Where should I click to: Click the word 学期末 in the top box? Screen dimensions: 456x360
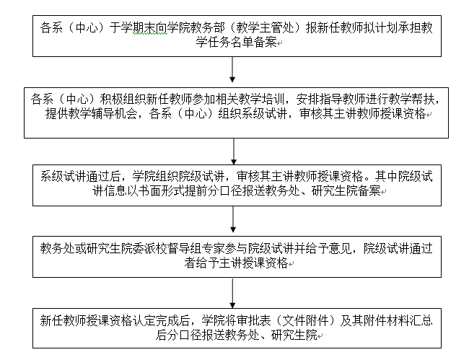[x=138, y=28]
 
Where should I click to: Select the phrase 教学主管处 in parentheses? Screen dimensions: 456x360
[x=266, y=28]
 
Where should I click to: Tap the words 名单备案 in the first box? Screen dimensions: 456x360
[x=254, y=43]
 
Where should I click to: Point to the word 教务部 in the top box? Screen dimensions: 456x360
[x=208, y=28]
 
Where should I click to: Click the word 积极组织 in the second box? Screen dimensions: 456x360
[x=123, y=100]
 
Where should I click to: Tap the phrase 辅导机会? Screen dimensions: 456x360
[x=114, y=113]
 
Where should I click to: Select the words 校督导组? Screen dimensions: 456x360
[x=178, y=249]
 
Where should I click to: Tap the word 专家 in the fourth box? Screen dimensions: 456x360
[x=213, y=249]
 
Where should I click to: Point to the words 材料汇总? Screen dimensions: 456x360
[x=410, y=321]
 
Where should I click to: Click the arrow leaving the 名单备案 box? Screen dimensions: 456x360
[x=232, y=69]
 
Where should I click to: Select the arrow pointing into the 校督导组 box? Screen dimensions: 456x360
[x=233, y=219]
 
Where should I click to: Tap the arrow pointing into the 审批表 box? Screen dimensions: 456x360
[x=232, y=293]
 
